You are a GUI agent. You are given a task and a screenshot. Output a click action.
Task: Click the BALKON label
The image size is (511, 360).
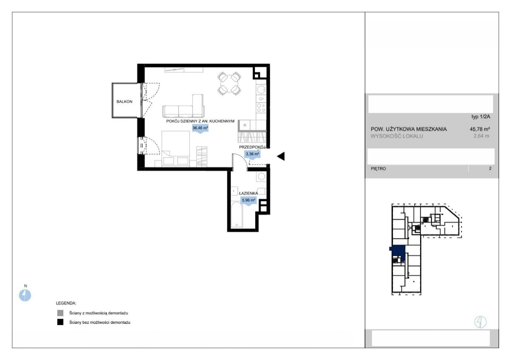tap(124, 102)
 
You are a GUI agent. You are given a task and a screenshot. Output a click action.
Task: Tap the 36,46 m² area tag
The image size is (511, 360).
tap(200, 128)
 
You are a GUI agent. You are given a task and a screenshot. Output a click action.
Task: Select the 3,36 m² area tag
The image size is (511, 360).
tap(252, 154)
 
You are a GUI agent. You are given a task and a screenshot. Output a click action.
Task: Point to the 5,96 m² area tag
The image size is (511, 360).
tap(248, 201)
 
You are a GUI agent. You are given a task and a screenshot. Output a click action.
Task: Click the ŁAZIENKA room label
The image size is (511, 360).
tap(248, 193)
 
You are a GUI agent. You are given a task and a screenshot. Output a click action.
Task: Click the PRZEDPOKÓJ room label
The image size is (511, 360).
tap(252, 147)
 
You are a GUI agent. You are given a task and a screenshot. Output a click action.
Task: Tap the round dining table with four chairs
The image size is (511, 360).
tap(229, 83)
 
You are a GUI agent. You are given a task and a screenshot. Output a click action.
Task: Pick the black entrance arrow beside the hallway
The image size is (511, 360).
tap(281, 156)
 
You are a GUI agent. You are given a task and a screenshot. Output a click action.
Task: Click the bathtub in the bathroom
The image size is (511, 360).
tap(237, 215)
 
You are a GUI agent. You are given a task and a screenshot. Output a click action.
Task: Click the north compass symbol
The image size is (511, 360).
tap(25, 295)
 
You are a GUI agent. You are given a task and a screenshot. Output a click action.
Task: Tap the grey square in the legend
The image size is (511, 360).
tap(60, 313)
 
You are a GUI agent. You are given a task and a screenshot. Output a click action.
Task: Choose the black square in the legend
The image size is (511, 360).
tap(60, 322)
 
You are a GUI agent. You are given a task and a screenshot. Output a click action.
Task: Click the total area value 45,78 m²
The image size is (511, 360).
tap(480, 129)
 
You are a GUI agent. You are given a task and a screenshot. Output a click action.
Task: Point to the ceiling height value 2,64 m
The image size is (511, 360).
tap(481, 136)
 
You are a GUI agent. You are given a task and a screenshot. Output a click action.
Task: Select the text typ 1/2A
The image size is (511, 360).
tap(481, 117)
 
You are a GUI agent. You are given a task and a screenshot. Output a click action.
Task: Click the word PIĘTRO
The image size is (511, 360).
tap(378, 169)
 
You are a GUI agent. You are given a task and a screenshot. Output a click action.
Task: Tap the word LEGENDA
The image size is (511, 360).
tap(66, 303)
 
